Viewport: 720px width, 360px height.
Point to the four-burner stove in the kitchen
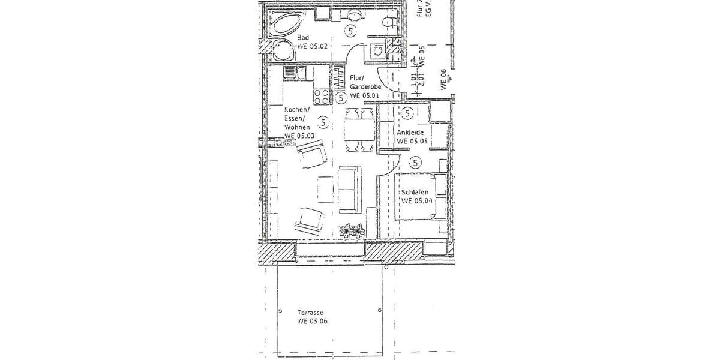320,96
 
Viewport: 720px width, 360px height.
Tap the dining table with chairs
360,128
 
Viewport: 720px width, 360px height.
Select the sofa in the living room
350,188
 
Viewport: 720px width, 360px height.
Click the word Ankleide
410,133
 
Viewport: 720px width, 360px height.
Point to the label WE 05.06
312,322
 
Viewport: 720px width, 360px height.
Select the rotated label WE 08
445,79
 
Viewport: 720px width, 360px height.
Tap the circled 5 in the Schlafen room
415,161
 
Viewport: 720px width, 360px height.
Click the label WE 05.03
299,136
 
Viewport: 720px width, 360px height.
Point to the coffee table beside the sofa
325,189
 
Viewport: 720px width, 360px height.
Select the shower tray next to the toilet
378,52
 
